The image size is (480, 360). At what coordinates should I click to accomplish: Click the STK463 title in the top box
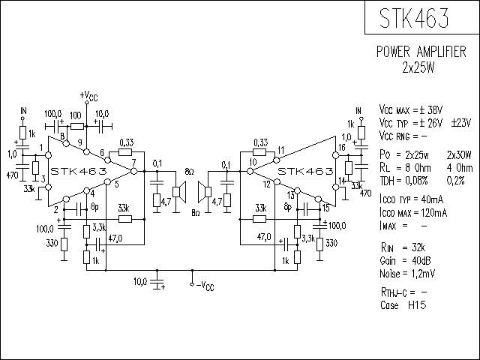tap(414, 18)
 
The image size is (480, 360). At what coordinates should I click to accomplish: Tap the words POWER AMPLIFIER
tap(421, 52)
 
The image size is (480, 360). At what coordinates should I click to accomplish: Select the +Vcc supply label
tap(88, 96)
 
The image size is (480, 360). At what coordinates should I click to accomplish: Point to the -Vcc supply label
tap(205, 286)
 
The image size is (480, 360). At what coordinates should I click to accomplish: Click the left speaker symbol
tap(180, 192)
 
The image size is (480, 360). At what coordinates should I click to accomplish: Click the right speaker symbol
tap(205, 192)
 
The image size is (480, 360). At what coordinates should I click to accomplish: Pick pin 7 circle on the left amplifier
tap(134, 171)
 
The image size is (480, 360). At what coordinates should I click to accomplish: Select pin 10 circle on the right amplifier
tap(250, 171)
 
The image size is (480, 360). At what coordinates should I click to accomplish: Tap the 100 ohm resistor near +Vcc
tap(77, 126)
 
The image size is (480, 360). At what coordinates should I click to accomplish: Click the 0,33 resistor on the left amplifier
tap(125, 151)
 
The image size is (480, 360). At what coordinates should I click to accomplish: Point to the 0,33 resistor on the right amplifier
tap(259, 151)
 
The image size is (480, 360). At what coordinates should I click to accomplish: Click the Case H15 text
tap(403, 305)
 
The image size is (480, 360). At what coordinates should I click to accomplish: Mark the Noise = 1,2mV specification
tap(407, 273)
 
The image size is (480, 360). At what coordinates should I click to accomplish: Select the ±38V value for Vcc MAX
tap(431, 110)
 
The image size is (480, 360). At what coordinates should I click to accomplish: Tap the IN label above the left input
tap(23, 110)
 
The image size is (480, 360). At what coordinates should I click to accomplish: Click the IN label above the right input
tap(358, 110)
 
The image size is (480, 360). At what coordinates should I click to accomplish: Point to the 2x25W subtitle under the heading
tap(418, 68)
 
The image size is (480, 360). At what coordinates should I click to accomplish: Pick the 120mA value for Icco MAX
tap(434, 212)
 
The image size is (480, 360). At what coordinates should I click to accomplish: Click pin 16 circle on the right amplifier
tap(336, 155)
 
